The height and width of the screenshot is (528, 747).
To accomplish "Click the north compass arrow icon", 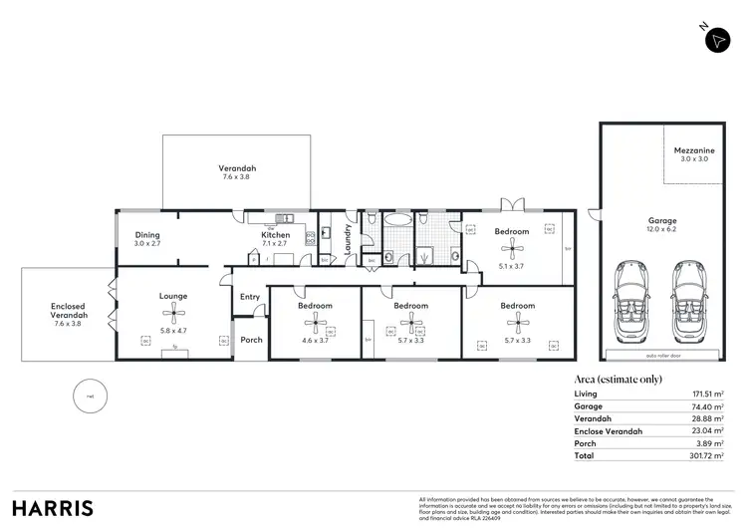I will [x=717, y=39].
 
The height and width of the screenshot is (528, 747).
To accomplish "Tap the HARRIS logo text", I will [x=52, y=507].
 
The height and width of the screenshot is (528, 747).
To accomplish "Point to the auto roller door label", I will [x=660, y=354].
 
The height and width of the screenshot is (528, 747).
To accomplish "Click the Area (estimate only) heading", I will [x=618, y=380].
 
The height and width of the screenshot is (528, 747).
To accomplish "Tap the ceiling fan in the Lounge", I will [x=173, y=316].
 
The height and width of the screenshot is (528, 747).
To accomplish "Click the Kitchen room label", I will [x=275, y=235].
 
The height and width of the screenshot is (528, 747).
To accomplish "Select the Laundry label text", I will [x=348, y=240].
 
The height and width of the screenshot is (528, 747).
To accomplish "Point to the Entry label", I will [x=250, y=296].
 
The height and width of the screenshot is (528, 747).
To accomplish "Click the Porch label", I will [x=251, y=340].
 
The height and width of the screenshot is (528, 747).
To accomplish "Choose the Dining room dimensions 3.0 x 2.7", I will [x=147, y=243].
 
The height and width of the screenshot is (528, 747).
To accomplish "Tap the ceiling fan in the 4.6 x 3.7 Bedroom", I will [x=315, y=325].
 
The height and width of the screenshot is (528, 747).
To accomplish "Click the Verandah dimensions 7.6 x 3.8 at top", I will [x=238, y=176].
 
